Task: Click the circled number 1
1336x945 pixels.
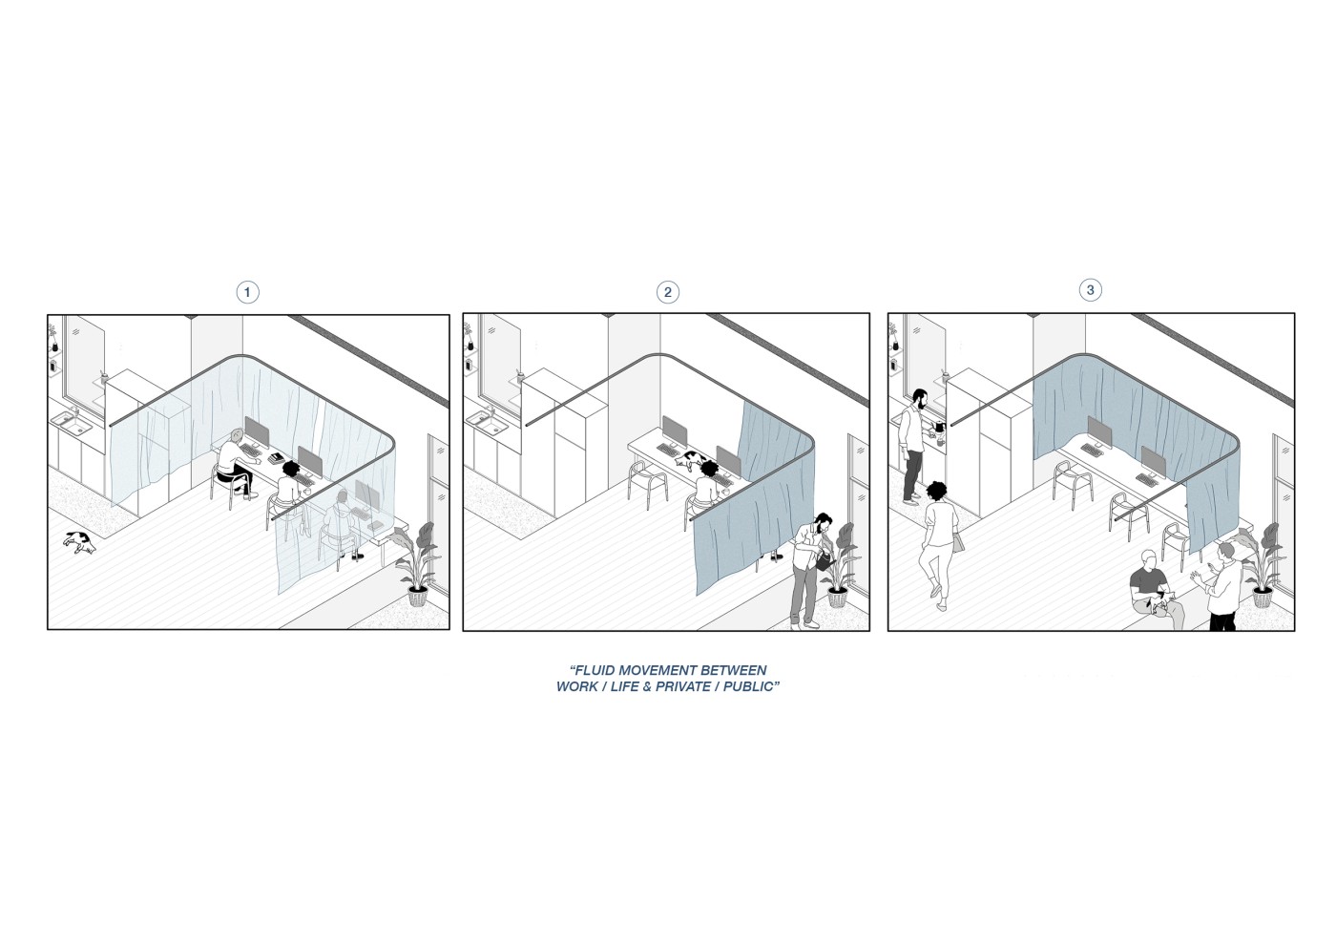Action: (x=247, y=292)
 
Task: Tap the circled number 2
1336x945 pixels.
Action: (x=667, y=292)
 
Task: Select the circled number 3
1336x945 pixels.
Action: (x=1090, y=290)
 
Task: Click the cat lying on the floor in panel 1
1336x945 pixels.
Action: (x=80, y=542)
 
